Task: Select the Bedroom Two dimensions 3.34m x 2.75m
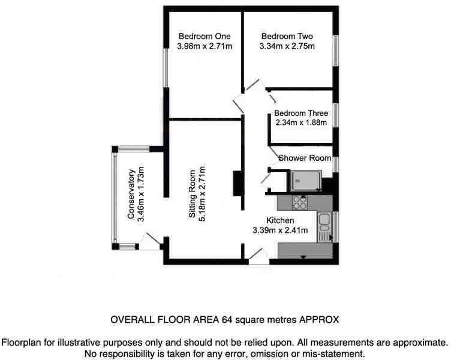287,46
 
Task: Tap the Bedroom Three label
300,113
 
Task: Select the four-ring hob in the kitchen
299,203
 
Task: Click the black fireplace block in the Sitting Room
237,184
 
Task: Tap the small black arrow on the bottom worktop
303,257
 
